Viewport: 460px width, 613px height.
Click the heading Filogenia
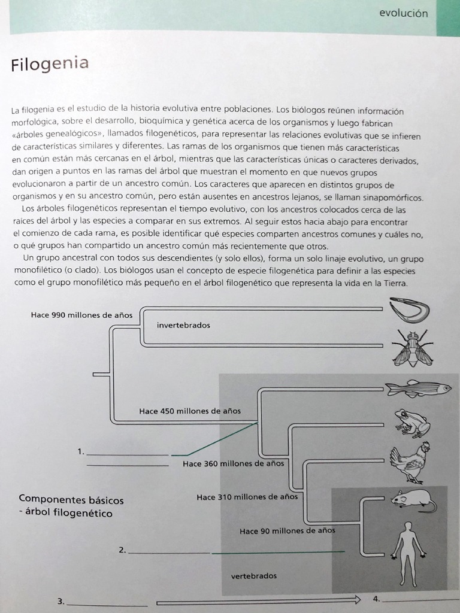(50, 63)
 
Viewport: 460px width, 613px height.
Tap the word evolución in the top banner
(403, 13)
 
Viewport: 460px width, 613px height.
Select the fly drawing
(412, 348)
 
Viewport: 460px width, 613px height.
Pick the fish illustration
(418, 389)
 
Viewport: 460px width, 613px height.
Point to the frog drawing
(412, 423)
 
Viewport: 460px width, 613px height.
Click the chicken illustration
(411, 462)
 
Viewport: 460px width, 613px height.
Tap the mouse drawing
(413, 500)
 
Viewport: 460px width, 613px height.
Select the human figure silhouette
(408, 553)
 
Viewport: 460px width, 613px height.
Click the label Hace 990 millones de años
(81, 315)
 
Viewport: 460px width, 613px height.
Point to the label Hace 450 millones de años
(190, 411)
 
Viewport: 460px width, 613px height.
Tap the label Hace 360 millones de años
(233, 463)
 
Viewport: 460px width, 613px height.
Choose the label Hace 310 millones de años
(247, 497)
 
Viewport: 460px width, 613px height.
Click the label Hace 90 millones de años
(287, 530)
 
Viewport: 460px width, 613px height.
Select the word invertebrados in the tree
(183, 325)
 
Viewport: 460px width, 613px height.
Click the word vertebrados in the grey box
(254, 576)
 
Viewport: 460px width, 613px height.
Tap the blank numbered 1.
(127, 453)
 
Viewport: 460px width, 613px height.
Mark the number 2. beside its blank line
(122, 550)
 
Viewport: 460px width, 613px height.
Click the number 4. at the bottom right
(376, 598)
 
